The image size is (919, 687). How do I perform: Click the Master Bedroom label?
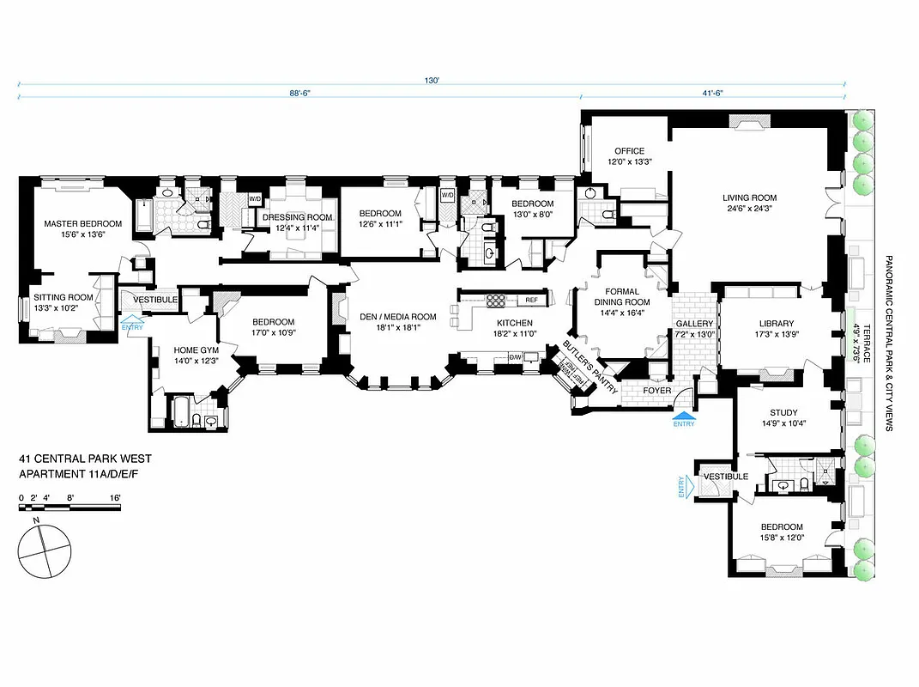[x=83, y=223]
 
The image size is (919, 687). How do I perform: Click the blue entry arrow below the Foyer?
[x=684, y=415]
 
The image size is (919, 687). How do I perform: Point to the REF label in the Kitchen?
[x=531, y=300]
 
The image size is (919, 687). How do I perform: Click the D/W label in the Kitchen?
[x=516, y=356]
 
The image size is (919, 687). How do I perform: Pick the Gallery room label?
[x=694, y=324]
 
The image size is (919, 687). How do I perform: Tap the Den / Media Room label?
[x=399, y=316]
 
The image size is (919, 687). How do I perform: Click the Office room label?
[x=629, y=151]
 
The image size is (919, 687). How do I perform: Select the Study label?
[x=783, y=412]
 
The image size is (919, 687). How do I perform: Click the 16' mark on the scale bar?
[x=114, y=497]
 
